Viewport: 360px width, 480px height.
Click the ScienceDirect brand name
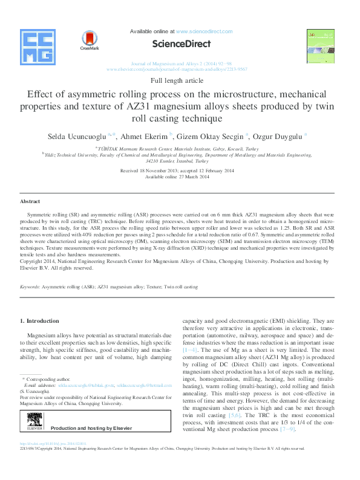pyautogui.click(x=181, y=44)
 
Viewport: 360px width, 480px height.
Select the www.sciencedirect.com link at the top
pyautogui.click(x=204, y=31)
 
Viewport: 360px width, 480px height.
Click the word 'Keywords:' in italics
pyautogui.click(x=30, y=287)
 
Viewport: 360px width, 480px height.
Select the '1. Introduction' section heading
pyautogui.click(x=40, y=320)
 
